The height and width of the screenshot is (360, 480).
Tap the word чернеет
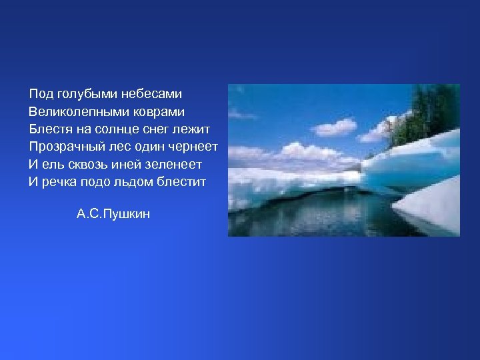point(195,147)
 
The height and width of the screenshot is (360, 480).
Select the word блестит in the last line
point(182,181)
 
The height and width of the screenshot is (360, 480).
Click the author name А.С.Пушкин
point(113,214)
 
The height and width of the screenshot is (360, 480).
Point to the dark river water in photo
point(320,213)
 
